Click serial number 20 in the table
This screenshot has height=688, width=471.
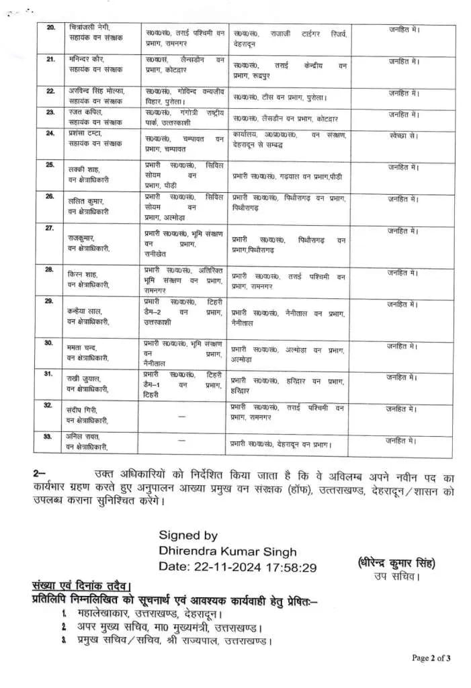51,28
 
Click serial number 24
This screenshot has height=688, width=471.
50,134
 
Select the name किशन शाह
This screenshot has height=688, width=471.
83,274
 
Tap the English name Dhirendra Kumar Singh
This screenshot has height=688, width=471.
227,552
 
